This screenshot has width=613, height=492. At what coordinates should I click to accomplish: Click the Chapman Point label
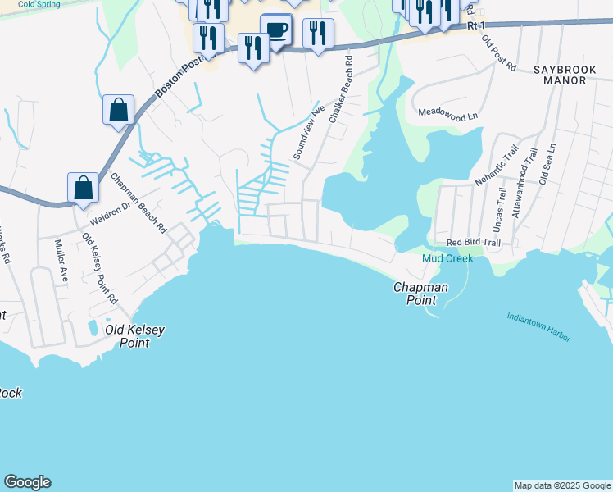tap(420, 294)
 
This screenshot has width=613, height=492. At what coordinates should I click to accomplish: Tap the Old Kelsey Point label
tap(135, 336)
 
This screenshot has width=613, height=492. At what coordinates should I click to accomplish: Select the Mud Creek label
tap(447, 258)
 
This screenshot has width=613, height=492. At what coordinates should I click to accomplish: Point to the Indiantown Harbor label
tap(538, 327)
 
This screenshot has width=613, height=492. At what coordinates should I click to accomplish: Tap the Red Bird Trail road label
tap(473, 243)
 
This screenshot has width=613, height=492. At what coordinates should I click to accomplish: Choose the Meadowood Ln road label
tap(447, 115)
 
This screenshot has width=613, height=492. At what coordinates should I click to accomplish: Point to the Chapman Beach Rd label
tap(138, 203)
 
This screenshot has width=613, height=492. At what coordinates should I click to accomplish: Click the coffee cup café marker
tap(276, 31)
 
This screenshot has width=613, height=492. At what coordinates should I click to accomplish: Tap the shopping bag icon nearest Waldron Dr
tap(84, 188)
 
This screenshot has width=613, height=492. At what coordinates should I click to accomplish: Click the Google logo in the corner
tap(27, 482)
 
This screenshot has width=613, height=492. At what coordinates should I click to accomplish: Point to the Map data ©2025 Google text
tap(562, 485)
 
